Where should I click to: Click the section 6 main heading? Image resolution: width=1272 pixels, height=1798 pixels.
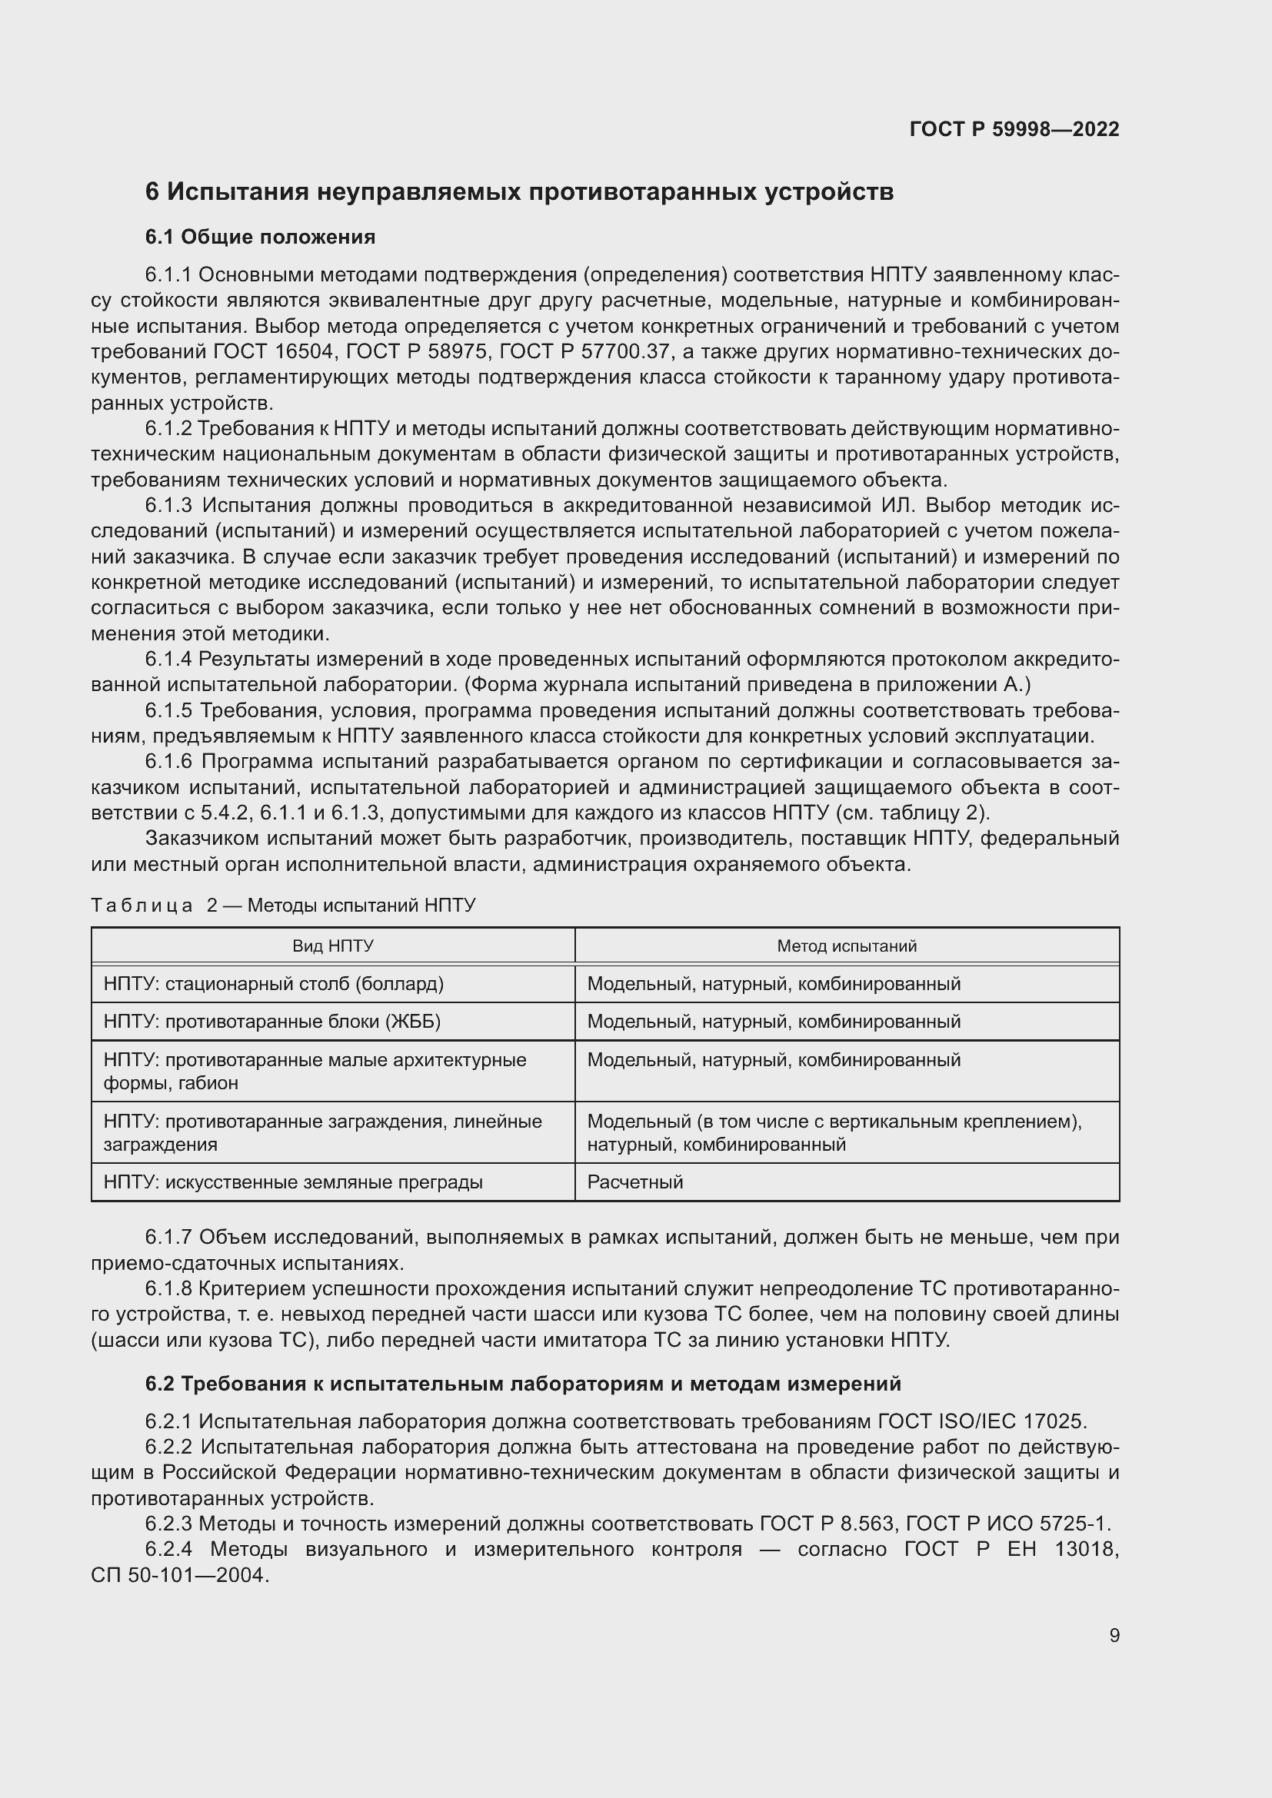pyautogui.click(x=518, y=192)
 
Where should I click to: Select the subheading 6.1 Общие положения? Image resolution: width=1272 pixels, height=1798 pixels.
pyautogui.click(x=260, y=237)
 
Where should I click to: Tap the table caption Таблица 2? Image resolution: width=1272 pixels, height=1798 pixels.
pyautogui.click(x=283, y=906)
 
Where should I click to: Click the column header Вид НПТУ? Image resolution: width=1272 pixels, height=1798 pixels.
pyautogui.click(x=332, y=946)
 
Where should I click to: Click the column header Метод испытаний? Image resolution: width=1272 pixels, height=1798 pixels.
pyautogui.click(x=846, y=946)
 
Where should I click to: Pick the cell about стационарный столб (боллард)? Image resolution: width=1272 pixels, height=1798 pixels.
pyautogui.click(x=273, y=984)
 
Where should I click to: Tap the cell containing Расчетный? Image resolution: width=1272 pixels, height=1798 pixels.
pyautogui.click(x=634, y=1181)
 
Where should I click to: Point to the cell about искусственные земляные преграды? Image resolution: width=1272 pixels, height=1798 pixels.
pyautogui.click(x=292, y=1181)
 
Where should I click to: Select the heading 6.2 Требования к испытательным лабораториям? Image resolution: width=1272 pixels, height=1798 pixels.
pyautogui.click(x=522, y=1384)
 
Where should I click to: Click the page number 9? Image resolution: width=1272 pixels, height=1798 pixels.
pyautogui.click(x=1114, y=1635)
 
